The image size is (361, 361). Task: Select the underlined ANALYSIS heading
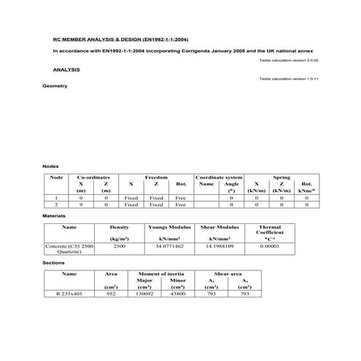(66, 69)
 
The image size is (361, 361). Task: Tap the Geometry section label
(55, 86)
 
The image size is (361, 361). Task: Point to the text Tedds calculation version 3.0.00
(288, 60)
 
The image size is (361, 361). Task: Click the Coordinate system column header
(219, 177)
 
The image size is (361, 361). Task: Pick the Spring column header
(282, 177)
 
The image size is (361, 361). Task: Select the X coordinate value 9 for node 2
(81, 205)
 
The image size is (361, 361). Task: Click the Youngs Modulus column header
(169, 228)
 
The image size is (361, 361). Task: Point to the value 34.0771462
(169, 247)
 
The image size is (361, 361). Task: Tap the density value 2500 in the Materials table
(119, 247)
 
